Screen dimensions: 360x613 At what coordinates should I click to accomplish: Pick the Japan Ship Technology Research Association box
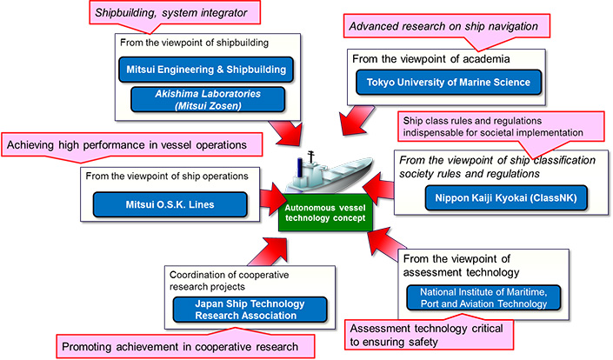coord(250,309)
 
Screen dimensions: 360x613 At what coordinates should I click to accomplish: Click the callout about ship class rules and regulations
coord(503,127)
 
